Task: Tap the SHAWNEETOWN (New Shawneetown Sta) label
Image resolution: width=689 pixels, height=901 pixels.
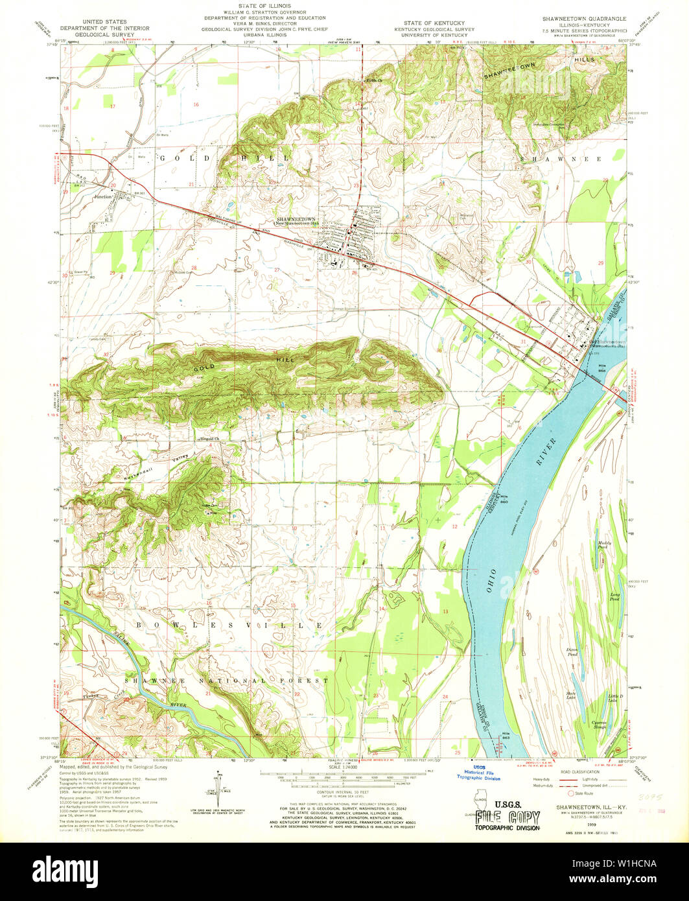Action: (297, 221)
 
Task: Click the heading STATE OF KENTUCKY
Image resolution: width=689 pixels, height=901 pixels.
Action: (426, 23)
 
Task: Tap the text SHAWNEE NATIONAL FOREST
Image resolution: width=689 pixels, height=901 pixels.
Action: (227, 681)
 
